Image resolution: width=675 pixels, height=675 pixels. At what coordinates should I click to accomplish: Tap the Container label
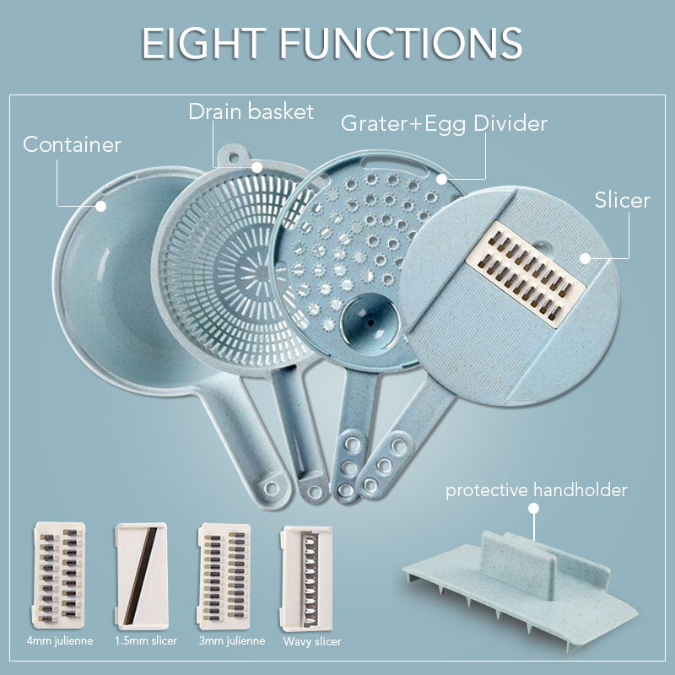coord(72,144)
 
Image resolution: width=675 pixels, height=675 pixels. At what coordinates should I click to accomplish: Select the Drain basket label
coord(251,111)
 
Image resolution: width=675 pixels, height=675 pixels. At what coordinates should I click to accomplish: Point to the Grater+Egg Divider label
coord(444,124)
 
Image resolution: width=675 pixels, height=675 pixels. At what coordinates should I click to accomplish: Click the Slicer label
coord(622,200)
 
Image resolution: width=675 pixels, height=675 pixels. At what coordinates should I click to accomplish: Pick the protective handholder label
coord(536,490)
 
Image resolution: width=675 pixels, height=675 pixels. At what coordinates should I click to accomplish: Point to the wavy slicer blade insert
coord(307,577)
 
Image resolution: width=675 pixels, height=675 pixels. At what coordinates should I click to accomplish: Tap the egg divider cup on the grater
coord(367,321)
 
